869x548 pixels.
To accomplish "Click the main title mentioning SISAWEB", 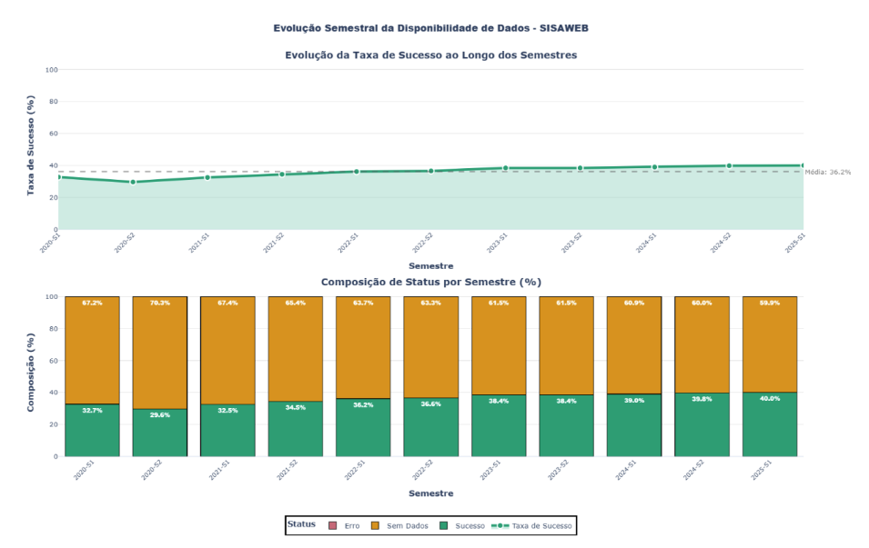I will tap(430, 28).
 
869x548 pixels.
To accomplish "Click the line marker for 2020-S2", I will tap(133, 182).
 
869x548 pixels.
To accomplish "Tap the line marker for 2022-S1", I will tap(357, 171).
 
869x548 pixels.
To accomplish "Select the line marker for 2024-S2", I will tap(729, 165).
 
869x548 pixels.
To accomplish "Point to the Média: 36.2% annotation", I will tap(827, 172).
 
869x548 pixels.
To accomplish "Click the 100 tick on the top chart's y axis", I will tap(52, 70).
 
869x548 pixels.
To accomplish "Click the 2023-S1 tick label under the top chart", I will tap(496, 244).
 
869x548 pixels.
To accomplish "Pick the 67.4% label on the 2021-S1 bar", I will tap(227, 303).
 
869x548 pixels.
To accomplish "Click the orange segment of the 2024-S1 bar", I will tap(634, 345).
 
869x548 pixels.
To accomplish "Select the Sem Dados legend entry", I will tap(400, 526).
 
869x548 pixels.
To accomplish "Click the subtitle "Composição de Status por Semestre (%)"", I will tap(430, 282).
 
